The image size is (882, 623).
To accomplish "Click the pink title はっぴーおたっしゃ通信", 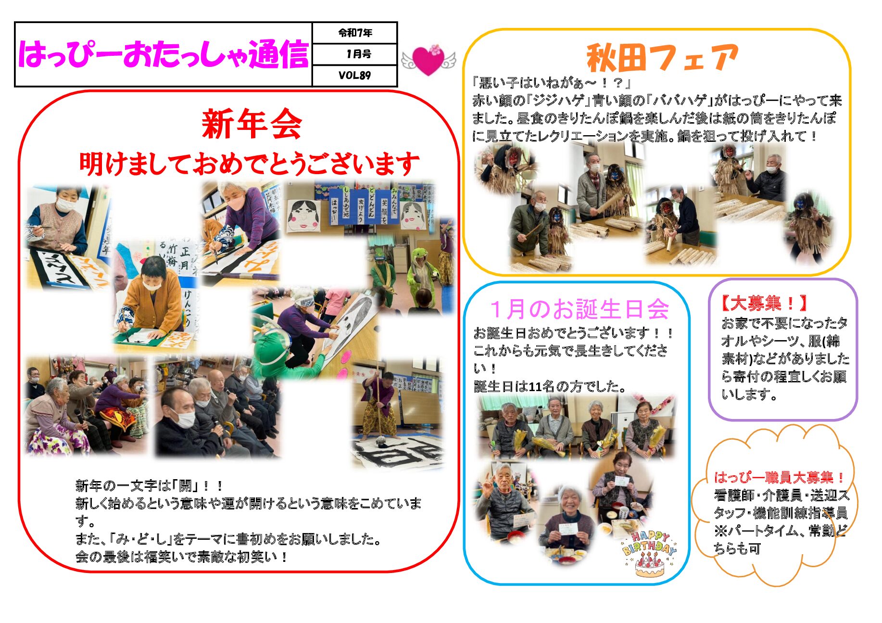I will point(163,54).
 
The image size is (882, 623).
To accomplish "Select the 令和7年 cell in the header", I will point(355,33).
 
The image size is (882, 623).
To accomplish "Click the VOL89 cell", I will point(354,75).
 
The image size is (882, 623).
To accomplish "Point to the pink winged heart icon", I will point(428,60).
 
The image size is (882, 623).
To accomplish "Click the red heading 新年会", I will point(252,124).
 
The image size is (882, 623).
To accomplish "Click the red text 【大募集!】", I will point(763,303).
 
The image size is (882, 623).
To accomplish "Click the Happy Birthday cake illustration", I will point(649,555).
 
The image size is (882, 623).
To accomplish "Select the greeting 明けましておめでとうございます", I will point(249,164).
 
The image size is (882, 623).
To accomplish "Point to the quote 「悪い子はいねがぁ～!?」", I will point(551,83).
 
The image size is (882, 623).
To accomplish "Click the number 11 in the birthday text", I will point(534,386).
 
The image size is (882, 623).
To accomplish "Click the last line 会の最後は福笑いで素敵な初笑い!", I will point(182,557).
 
